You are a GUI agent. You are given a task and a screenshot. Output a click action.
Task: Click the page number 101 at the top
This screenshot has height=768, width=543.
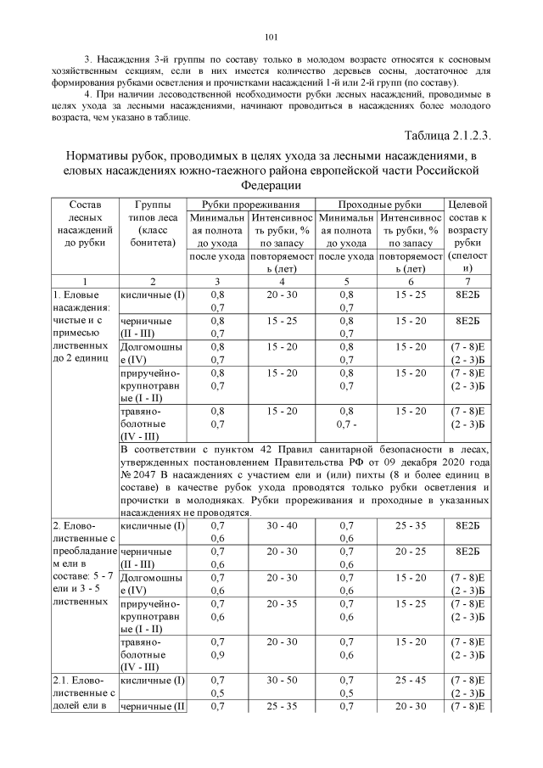point(271,36)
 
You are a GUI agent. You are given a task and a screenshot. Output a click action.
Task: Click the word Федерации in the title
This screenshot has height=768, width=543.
point(271,184)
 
